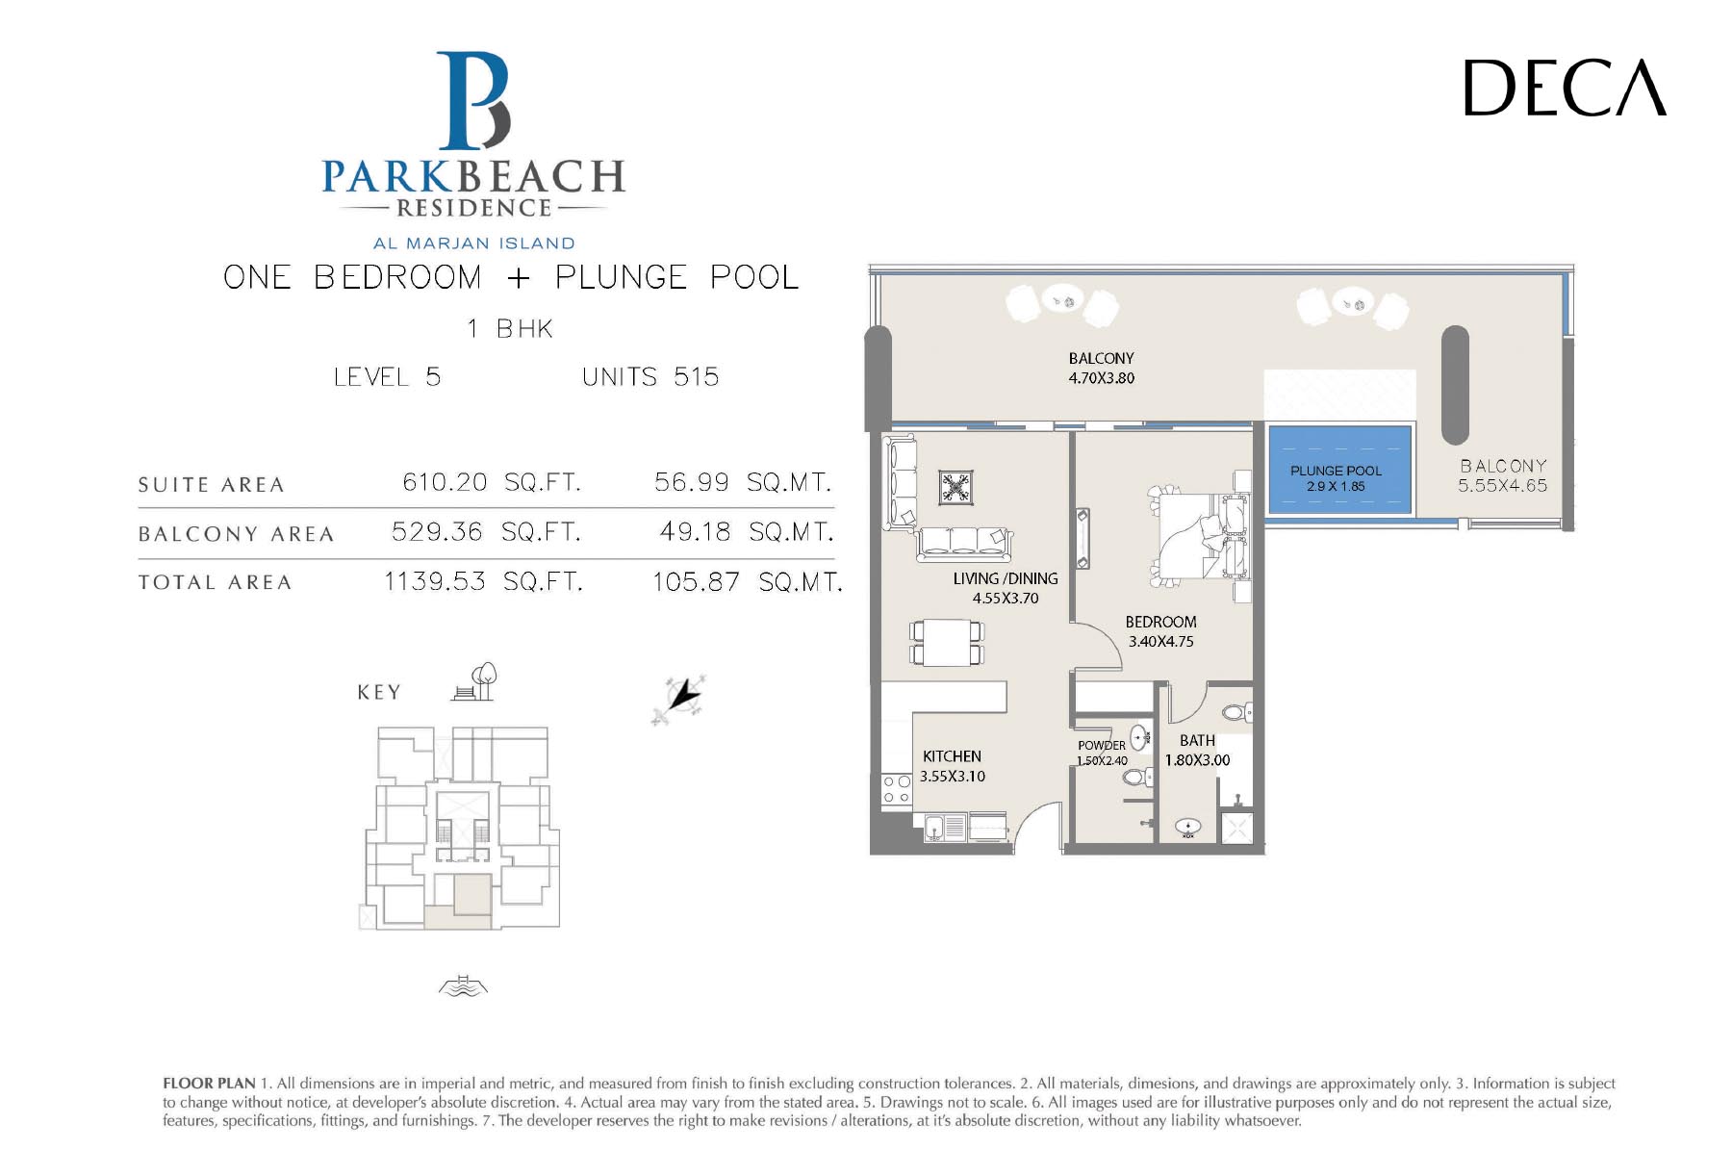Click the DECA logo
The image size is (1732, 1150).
(x=1565, y=88)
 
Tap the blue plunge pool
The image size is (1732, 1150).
(x=1338, y=471)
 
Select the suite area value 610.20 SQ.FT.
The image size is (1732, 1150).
(x=492, y=482)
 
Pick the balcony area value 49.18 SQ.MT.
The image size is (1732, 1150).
(x=746, y=531)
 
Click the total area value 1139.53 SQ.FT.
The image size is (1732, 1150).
(x=483, y=581)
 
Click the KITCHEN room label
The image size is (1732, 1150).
(x=952, y=756)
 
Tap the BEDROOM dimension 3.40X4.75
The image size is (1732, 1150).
(x=1160, y=642)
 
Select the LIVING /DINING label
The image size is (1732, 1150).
(x=1006, y=578)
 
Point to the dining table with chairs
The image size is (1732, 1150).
(x=947, y=643)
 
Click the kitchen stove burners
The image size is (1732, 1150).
(x=897, y=790)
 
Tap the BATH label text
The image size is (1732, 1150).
(x=1197, y=740)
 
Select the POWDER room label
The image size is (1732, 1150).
(x=1102, y=745)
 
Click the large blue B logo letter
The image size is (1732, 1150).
(x=473, y=101)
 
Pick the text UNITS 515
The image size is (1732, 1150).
(x=650, y=376)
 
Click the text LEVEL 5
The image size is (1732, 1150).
(x=387, y=376)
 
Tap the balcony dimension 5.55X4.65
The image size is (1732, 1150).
(x=1502, y=486)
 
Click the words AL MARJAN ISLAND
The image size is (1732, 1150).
(x=474, y=243)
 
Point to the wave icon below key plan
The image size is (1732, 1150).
(x=463, y=985)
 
